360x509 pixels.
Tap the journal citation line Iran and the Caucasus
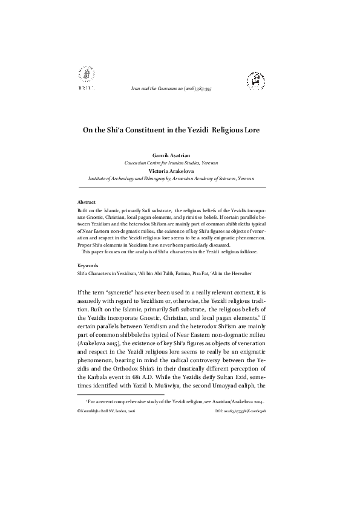[179, 88]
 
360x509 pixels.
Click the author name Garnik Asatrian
[179, 156]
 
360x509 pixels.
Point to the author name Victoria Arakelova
[179, 171]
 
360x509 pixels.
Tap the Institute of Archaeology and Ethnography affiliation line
[179, 179]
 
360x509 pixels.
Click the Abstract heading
[87, 201]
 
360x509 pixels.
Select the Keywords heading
[88, 265]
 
